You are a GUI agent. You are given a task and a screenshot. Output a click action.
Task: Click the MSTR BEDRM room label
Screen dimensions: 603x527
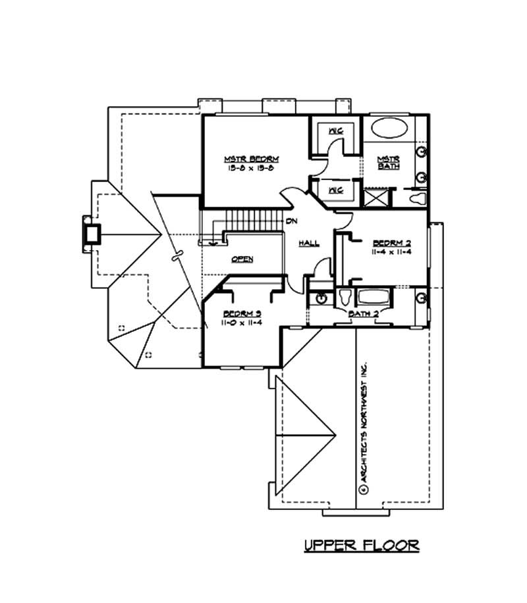(x=252, y=159)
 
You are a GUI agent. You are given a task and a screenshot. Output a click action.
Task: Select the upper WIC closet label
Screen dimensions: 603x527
(x=336, y=131)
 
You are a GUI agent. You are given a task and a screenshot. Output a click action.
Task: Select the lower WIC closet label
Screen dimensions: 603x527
(x=336, y=190)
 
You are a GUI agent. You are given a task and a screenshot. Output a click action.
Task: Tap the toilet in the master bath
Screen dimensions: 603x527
(x=416, y=198)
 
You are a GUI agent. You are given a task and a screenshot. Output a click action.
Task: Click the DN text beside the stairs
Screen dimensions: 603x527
(x=291, y=221)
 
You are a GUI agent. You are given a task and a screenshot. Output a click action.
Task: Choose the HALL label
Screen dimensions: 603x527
(x=309, y=243)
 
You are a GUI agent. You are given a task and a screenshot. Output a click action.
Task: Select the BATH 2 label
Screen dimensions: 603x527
(x=363, y=315)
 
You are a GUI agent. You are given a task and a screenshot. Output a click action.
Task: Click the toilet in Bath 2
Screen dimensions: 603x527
(x=345, y=298)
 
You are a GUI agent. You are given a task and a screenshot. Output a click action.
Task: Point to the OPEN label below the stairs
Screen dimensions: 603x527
(x=242, y=259)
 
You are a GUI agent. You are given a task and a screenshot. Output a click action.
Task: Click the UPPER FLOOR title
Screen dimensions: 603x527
(x=361, y=545)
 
